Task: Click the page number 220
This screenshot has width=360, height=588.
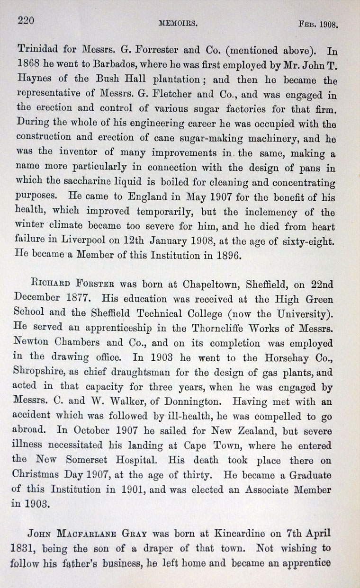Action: point(27,20)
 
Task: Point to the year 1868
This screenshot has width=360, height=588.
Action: point(28,64)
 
